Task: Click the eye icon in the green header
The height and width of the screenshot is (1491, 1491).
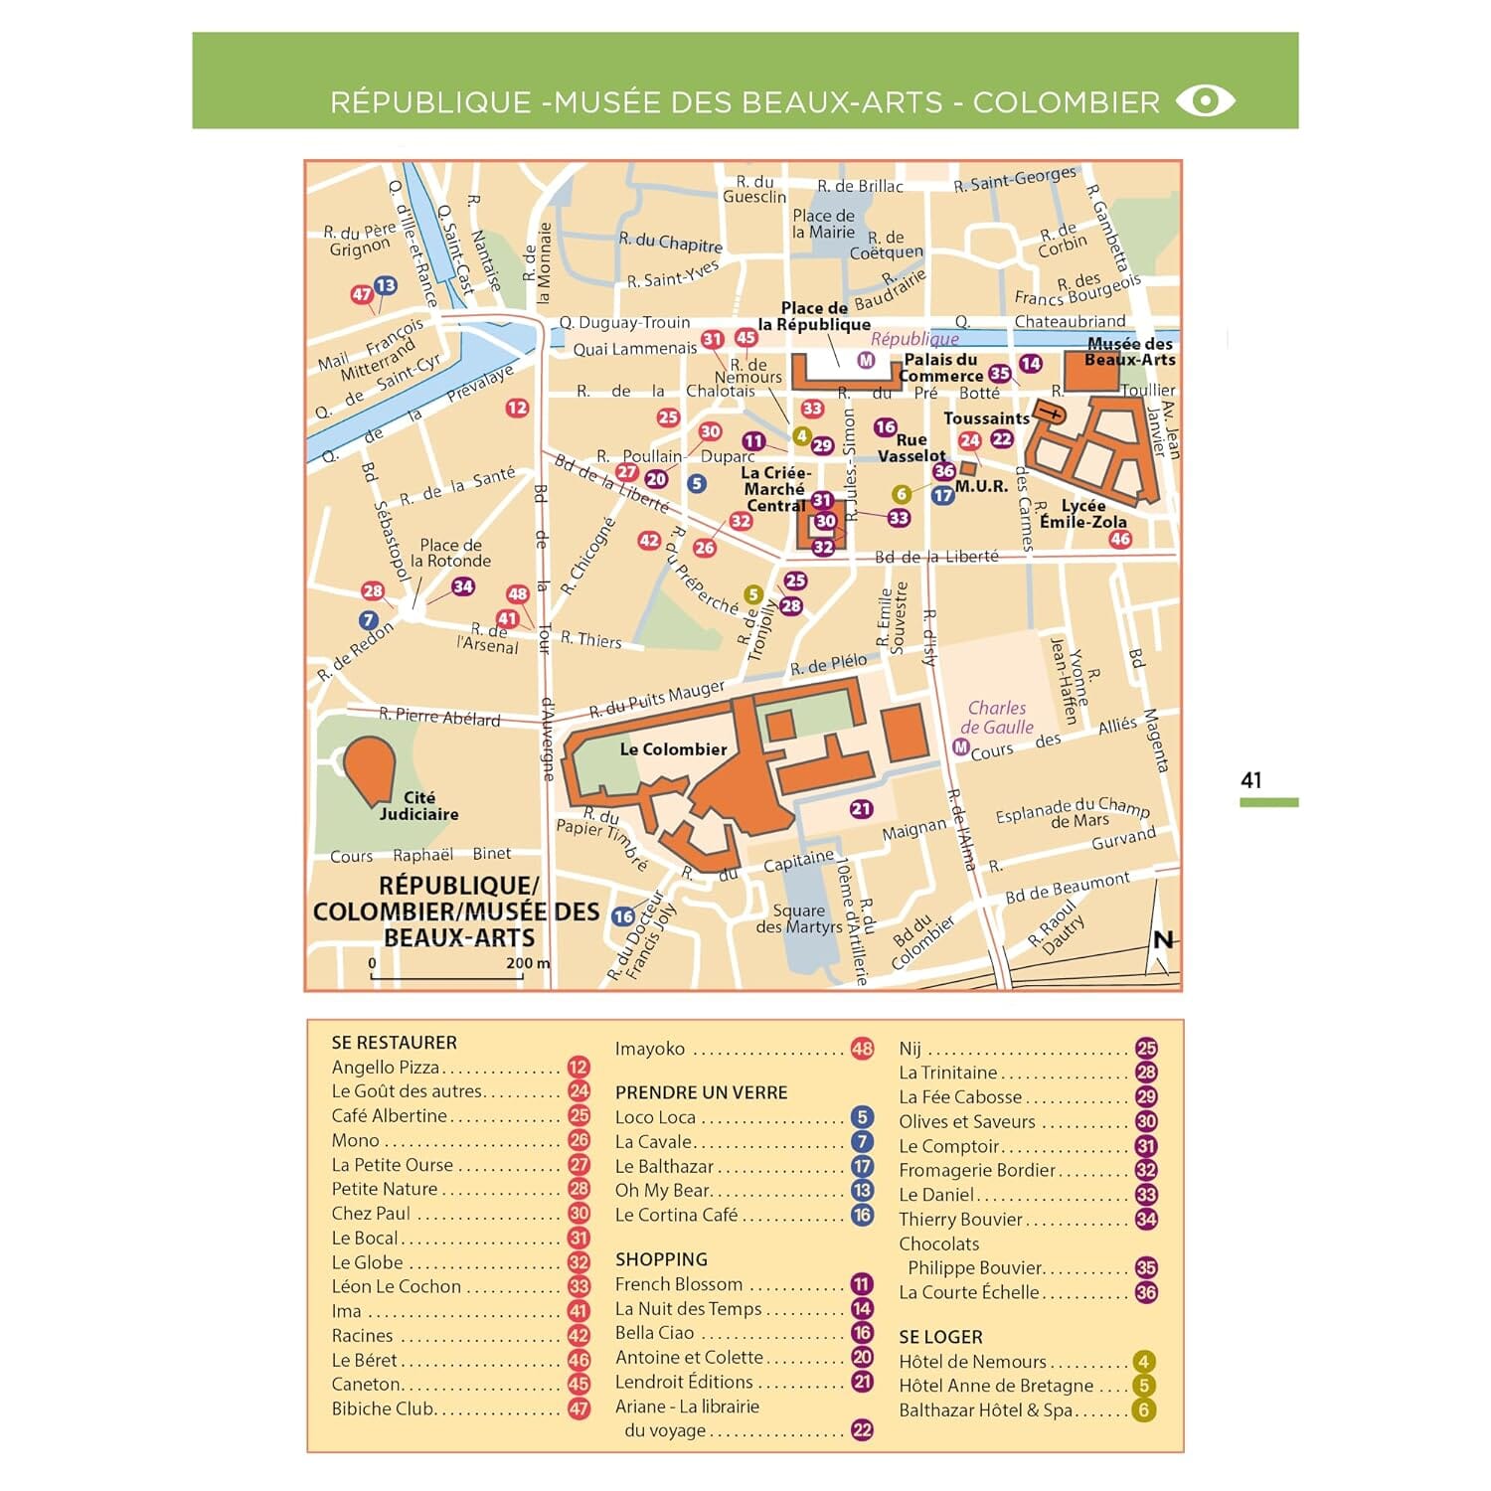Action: (1205, 100)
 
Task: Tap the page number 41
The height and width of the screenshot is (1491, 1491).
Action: (1250, 780)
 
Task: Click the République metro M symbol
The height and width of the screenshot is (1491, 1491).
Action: (866, 360)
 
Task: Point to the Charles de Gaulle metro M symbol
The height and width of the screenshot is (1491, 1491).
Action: (960, 746)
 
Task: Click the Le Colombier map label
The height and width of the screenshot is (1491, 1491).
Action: (673, 749)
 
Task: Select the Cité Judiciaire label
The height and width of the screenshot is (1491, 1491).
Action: (418, 806)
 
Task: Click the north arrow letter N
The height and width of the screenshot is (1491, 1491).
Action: (1163, 940)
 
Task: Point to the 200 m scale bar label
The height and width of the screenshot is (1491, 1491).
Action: (527, 963)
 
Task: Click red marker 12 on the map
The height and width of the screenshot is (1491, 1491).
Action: (517, 408)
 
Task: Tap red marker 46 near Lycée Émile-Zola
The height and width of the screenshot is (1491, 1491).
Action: (1120, 539)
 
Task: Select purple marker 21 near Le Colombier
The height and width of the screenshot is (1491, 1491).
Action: (861, 809)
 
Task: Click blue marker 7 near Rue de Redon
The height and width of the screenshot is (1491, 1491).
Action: (369, 620)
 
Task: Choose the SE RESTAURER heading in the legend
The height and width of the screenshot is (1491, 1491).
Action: (394, 1043)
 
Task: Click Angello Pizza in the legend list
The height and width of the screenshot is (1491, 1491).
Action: (386, 1068)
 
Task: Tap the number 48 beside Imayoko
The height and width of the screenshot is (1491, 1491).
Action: (862, 1049)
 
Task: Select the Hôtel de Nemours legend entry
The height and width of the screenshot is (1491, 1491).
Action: (972, 1362)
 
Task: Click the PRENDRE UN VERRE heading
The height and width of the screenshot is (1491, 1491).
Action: (701, 1092)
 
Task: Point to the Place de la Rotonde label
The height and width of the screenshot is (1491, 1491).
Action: (450, 553)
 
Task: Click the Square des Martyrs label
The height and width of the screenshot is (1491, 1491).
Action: (798, 918)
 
